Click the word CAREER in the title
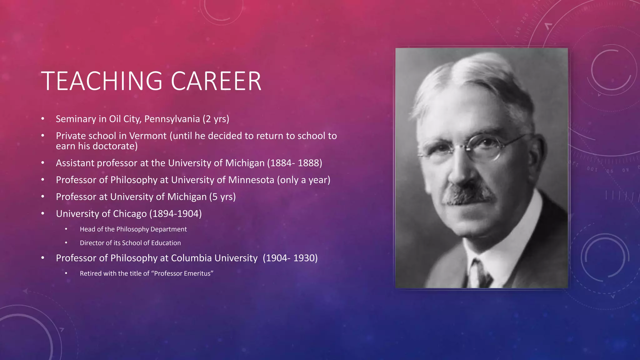(216, 81)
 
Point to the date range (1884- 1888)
(294, 163)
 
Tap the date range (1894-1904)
(175, 214)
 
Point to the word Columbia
(191, 258)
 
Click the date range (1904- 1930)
(290, 258)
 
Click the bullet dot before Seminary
(43, 119)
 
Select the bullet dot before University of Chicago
(43, 214)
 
